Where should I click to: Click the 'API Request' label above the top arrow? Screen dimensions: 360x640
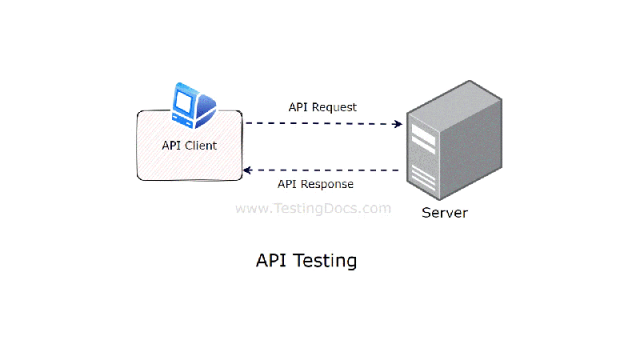[322, 107]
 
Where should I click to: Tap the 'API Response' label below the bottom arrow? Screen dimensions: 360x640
[315, 185]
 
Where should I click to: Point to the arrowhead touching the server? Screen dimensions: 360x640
[398, 124]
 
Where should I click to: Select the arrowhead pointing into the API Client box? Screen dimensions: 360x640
[248, 170]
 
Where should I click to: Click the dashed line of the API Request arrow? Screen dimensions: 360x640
[320, 124]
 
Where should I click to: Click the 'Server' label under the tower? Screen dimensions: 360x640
[445, 213]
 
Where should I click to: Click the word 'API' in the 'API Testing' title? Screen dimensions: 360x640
[270, 261]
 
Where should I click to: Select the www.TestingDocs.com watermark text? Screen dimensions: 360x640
[313, 209]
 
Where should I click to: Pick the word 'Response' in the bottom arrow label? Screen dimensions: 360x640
[326, 185]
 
